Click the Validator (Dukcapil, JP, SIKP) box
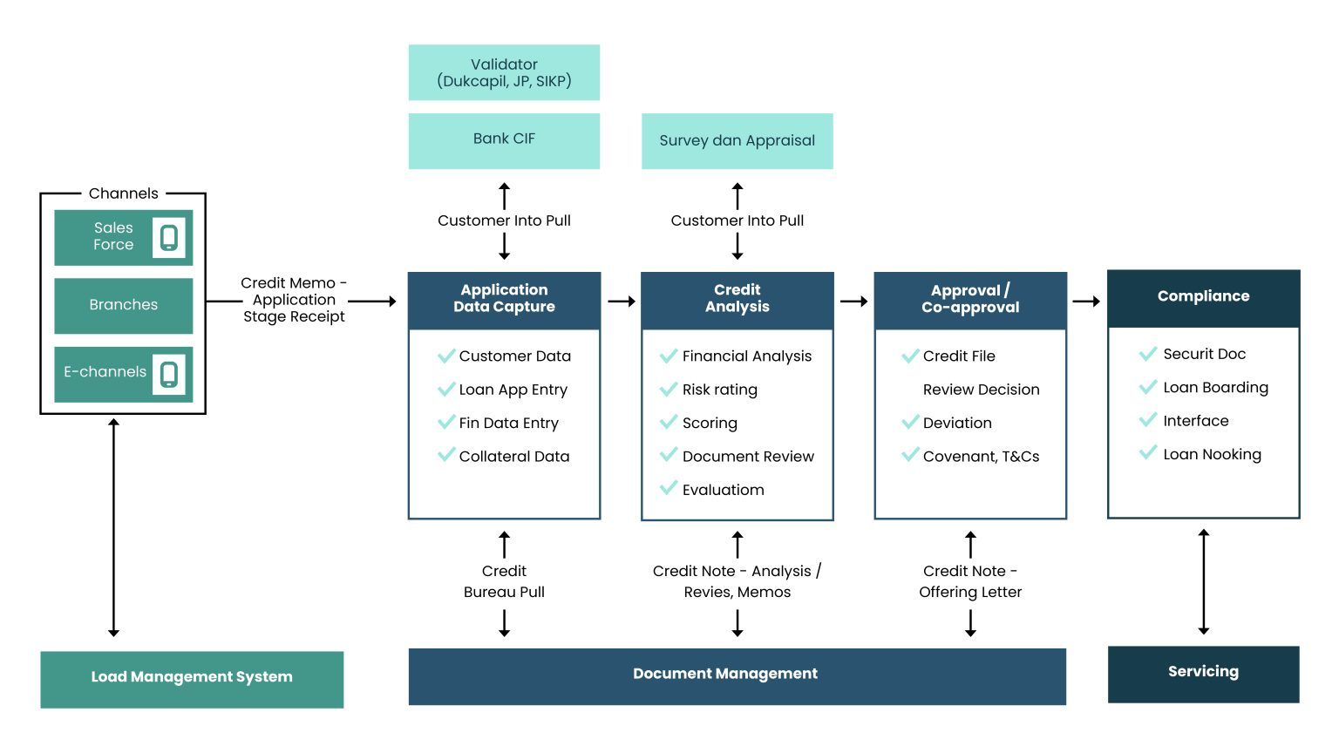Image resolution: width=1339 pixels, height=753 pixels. click(504, 72)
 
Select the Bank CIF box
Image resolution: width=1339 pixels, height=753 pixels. click(504, 140)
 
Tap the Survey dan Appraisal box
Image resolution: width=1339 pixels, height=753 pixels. click(737, 140)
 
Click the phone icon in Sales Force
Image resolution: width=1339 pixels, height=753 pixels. click(169, 237)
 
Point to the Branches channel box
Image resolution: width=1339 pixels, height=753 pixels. click(123, 305)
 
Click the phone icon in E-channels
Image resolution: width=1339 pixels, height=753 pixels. click(169, 374)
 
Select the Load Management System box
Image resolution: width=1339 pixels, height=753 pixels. click(192, 678)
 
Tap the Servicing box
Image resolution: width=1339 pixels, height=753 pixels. click(1203, 673)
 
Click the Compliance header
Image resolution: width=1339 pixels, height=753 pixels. click(1203, 297)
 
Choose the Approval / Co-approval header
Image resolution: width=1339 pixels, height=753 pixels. click(970, 299)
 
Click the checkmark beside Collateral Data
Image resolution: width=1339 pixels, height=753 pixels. click(446, 455)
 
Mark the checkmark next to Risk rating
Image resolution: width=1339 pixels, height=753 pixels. click(669, 389)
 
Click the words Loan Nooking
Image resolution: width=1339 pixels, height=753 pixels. click(1212, 454)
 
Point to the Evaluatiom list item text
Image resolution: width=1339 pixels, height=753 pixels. click(723, 490)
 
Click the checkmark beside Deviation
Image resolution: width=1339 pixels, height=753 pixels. click(910, 422)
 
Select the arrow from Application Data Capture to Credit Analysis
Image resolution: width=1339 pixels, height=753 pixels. click(622, 302)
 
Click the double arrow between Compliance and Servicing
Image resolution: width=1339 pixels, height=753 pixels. click(1204, 581)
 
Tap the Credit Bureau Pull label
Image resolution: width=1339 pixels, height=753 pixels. click(504, 581)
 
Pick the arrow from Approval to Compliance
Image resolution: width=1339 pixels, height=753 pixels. click(1086, 302)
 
